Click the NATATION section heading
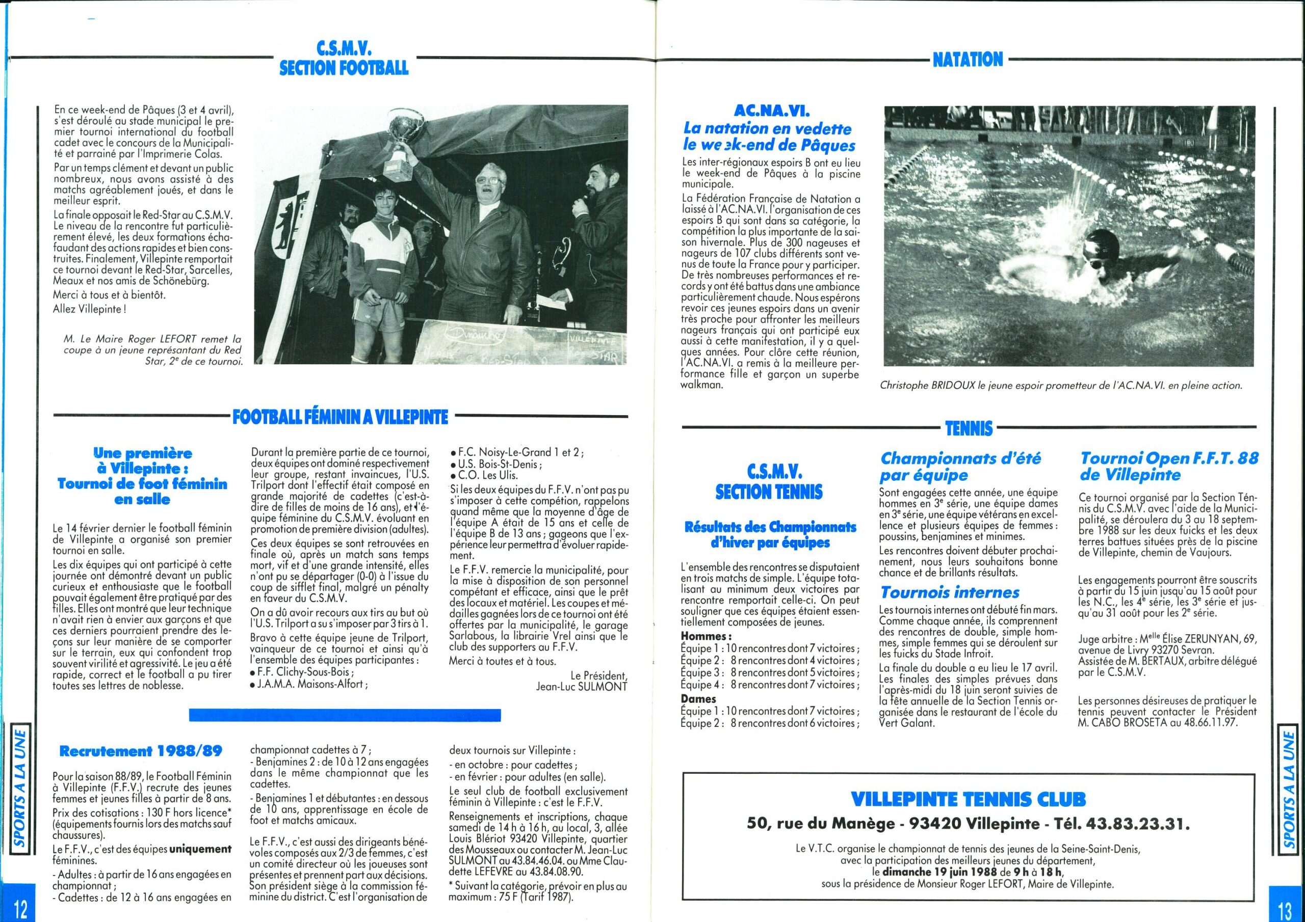coord(968,59)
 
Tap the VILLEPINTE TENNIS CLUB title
coord(968,800)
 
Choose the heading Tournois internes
coord(949,592)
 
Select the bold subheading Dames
coord(698,699)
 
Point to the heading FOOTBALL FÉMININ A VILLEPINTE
coord(340,418)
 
